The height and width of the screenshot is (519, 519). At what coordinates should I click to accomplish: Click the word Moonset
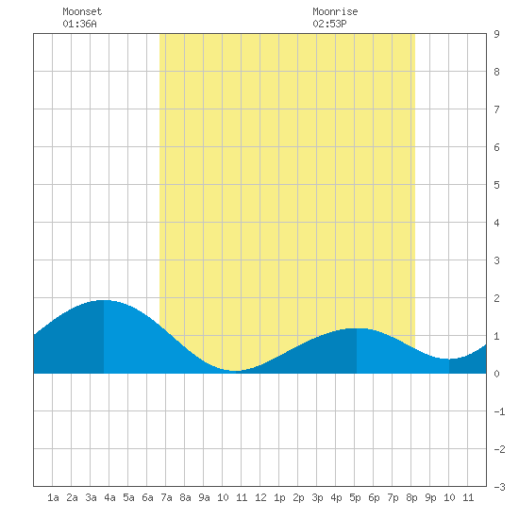click(x=82, y=11)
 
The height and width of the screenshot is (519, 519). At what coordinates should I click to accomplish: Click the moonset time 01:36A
click(x=79, y=24)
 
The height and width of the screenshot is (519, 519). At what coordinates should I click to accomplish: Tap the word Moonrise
click(x=335, y=11)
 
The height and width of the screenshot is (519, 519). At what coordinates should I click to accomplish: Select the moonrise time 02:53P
click(x=329, y=24)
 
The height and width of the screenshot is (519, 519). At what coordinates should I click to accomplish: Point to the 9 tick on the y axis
click(x=496, y=34)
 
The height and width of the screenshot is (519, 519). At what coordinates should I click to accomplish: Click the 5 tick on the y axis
click(x=496, y=185)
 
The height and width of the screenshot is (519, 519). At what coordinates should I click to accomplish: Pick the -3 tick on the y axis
click(x=499, y=487)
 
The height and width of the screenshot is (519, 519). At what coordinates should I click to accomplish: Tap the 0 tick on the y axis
click(x=496, y=374)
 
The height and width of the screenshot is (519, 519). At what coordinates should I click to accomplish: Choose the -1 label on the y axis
click(x=499, y=411)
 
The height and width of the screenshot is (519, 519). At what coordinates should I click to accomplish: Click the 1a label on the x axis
click(x=53, y=497)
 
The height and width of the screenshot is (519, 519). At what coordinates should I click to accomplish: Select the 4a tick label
click(x=109, y=497)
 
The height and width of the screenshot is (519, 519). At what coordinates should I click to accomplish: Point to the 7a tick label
click(x=166, y=497)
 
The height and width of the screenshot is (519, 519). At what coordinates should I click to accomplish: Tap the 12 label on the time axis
click(x=260, y=497)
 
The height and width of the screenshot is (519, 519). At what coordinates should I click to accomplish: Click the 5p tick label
click(x=355, y=497)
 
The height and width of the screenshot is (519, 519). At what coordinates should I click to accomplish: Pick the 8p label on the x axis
click(x=411, y=497)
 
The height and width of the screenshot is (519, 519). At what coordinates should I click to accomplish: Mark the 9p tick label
click(x=430, y=497)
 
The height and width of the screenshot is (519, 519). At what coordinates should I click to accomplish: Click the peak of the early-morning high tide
click(x=104, y=300)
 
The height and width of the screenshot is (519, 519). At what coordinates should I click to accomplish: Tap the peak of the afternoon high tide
click(x=357, y=328)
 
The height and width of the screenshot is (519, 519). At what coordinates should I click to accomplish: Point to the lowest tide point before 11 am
click(x=234, y=371)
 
